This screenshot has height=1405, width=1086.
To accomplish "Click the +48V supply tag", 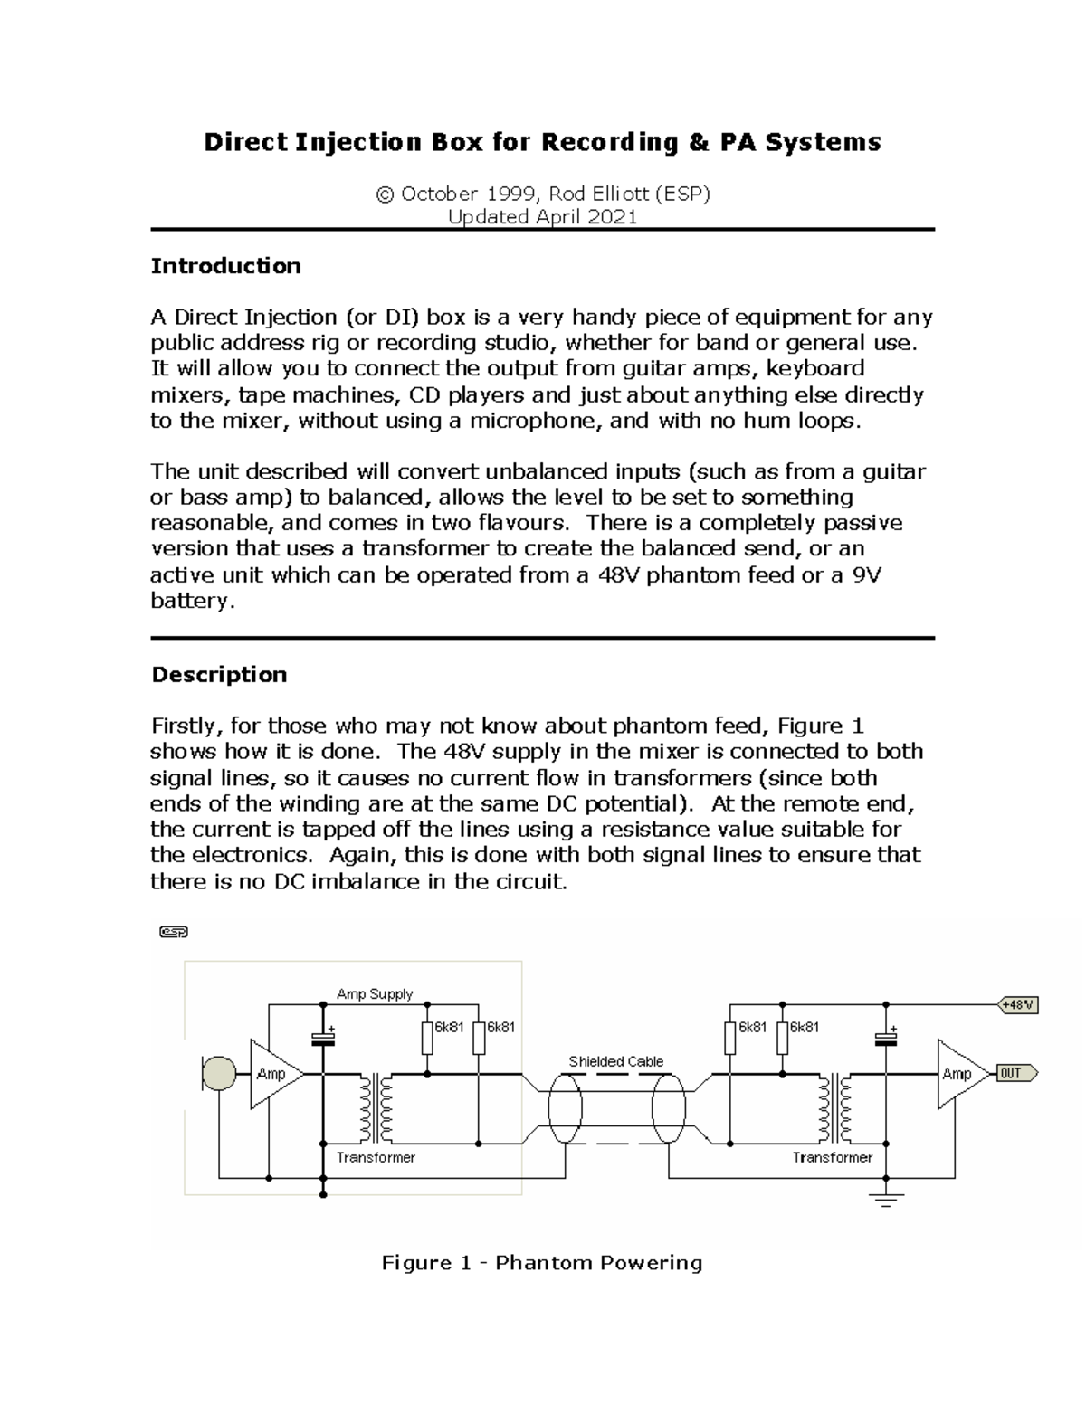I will click(x=1018, y=1005).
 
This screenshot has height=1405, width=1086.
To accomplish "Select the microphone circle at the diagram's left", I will click(x=218, y=1074).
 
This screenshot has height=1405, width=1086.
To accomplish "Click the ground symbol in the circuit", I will click(x=886, y=1201).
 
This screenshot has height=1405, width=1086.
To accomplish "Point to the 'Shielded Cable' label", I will click(x=615, y=1061).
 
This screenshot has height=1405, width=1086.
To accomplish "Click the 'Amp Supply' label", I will click(x=375, y=994).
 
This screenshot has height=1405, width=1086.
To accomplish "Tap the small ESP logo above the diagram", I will click(x=173, y=932).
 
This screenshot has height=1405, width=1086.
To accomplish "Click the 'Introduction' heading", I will click(x=225, y=266).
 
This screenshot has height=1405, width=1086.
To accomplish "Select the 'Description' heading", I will click(x=219, y=675).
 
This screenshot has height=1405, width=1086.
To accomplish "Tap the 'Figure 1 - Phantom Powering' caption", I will click(x=542, y=1263).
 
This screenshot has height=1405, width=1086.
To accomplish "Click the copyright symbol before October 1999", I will click(x=385, y=195).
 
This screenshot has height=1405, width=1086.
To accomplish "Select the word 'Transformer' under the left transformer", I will click(x=376, y=1158).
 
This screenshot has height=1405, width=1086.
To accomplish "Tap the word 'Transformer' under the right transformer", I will click(x=832, y=1158).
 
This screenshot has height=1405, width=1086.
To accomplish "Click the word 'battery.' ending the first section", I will click(x=192, y=601).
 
